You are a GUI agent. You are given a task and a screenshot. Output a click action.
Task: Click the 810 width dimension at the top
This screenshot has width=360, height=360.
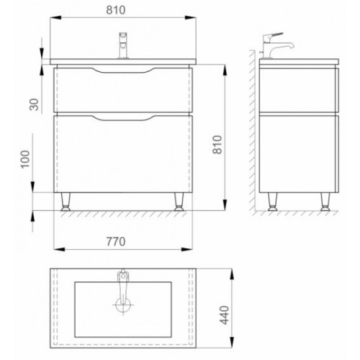pyautogui.click(x=116, y=10)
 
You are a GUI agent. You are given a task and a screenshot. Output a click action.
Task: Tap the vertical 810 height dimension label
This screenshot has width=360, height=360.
pyautogui.click(x=217, y=145)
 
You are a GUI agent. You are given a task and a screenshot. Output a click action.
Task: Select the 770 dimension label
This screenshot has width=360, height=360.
pyautogui.click(x=116, y=242)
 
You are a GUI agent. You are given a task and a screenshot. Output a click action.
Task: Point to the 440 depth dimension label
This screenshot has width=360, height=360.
pyautogui.click(x=225, y=315)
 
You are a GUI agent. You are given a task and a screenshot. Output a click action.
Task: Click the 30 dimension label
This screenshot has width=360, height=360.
pyautogui.click(x=35, y=104)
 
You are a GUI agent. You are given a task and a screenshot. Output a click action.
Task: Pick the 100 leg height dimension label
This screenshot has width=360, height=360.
pyautogui.click(x=25, y=159)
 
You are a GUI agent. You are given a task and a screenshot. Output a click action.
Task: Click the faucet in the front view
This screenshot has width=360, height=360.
pyautogui.click(x=123, y=45)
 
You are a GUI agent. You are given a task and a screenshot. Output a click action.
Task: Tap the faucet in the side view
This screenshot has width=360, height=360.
pyautogui.click(x=276, y=45)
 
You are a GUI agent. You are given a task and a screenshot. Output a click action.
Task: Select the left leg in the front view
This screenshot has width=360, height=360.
pyautogui.click(x=66, y=202)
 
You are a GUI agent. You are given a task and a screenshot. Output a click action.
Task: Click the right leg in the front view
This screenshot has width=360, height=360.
pyautogui.click(x=179, y=202)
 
